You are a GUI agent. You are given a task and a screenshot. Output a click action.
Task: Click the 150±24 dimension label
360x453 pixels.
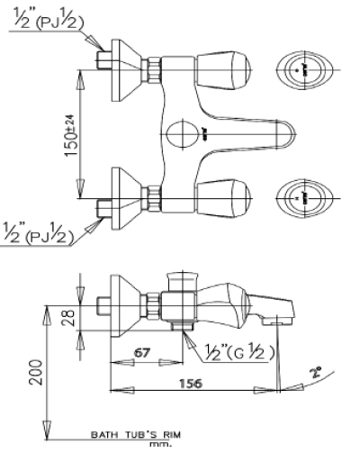[x=72, y=135]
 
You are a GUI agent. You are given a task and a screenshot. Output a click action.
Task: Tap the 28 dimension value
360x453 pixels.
[x=68, y=318]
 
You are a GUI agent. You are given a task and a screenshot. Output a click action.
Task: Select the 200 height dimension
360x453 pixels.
[x=36, y=372]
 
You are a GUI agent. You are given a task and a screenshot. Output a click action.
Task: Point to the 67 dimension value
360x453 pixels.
[x=141, y=353]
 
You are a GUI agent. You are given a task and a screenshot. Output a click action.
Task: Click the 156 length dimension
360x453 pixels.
[x=191, y=384]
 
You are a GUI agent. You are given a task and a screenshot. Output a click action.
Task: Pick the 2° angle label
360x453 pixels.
[x=316, y=372]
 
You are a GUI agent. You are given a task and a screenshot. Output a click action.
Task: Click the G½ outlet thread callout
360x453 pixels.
[x=239, y=351]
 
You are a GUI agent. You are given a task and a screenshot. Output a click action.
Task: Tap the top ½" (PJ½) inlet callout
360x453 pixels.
[x=49, y=20]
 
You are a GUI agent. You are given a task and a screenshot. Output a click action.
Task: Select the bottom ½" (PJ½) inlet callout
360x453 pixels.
[x=39, y=233]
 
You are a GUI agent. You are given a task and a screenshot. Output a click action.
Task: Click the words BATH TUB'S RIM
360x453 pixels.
[x=136, y=434]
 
